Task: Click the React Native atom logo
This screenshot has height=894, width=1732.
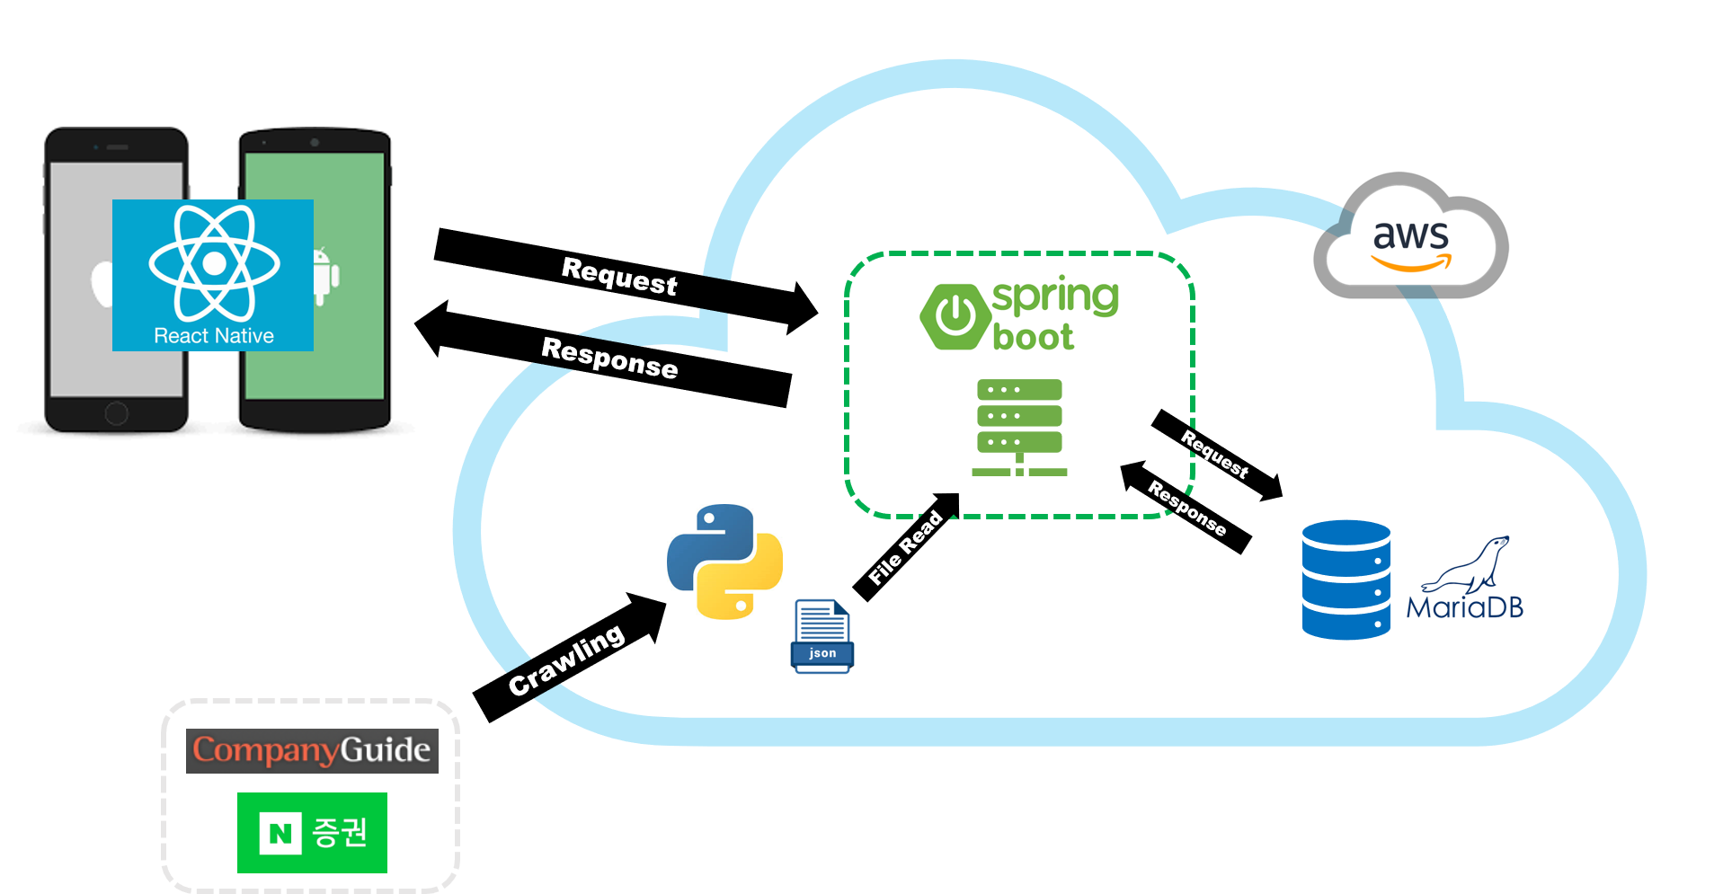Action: tap(214, 262)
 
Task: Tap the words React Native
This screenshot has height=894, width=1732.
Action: tap(214, 336)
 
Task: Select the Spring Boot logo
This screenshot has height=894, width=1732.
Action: tap(1019, 316)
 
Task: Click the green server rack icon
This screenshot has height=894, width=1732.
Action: tap(1019, 427)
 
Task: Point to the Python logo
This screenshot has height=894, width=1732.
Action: tap(724, 562)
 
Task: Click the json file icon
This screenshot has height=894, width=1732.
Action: tap(822, 636)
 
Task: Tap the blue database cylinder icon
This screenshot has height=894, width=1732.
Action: tap(1346, 580)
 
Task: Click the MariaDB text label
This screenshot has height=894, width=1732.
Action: tap(1464, 608)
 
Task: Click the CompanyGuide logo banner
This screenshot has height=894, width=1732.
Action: tap(312, 750)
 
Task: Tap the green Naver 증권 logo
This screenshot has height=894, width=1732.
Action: tap(312, 832)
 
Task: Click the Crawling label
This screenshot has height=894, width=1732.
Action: tap(566, 659)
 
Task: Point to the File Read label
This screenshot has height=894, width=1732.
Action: tap(905, 547)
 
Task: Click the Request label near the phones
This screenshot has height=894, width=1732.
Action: tap(619, 276)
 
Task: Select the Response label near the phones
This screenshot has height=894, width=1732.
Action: tap(609, 358)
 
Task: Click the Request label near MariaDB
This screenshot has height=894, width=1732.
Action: tap(1214, 454)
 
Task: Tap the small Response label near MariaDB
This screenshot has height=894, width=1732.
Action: tap(1186, 508)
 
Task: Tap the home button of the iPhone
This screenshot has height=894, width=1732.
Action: tap(117, 413)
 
